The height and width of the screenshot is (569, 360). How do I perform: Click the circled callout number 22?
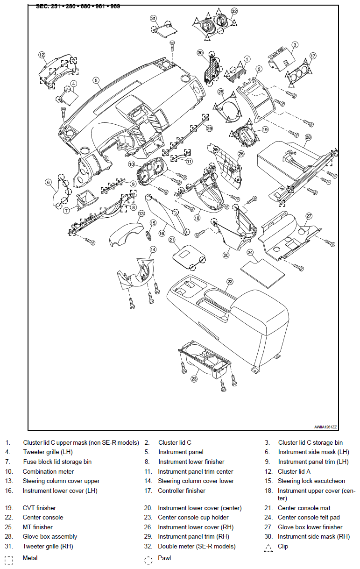click(230, 282)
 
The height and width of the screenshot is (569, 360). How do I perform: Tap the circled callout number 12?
click(42, 55)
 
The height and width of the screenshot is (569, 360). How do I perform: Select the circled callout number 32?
click(234, 11)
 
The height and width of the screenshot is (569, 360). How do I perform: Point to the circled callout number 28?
click(308, 137)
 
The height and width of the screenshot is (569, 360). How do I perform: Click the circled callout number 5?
click(96, 80)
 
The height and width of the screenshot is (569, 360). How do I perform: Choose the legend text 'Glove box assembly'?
click(49, 537)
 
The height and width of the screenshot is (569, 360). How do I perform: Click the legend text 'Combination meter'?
click(48, 472)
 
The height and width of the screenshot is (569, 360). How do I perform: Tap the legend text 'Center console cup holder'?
click(193, 518)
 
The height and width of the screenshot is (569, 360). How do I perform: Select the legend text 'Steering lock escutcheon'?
click(311, 481)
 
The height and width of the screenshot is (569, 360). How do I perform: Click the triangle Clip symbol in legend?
click(268, 548)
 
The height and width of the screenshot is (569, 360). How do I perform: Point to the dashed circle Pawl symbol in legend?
click(148, 559)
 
